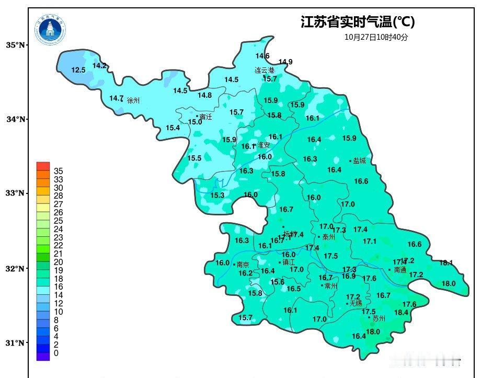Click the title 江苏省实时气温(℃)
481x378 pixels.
coord(358,22)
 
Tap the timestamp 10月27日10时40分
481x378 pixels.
coord(376,37)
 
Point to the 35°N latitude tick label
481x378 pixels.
coord(16,45)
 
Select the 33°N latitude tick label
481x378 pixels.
coord(16,193)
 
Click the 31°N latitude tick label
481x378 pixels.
coord(16,343)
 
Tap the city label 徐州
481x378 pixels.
coord(134,100)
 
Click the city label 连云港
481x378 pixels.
coord(265,70)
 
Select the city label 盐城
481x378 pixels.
coord(360,161)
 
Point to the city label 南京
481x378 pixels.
coord(243,265)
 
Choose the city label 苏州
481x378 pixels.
coord(379,318)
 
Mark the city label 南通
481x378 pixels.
coord(400,270)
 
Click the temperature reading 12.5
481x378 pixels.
coord(78,70)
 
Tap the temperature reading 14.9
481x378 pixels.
coord(285,62)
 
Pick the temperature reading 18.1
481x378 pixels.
coord(446,262)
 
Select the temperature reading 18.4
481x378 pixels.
coord(401,313)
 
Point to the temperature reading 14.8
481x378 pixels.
coord(204,95)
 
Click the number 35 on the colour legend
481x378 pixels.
coord(58,171)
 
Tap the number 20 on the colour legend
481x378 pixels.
coord(58,262)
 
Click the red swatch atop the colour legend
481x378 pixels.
coord(43,166)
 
